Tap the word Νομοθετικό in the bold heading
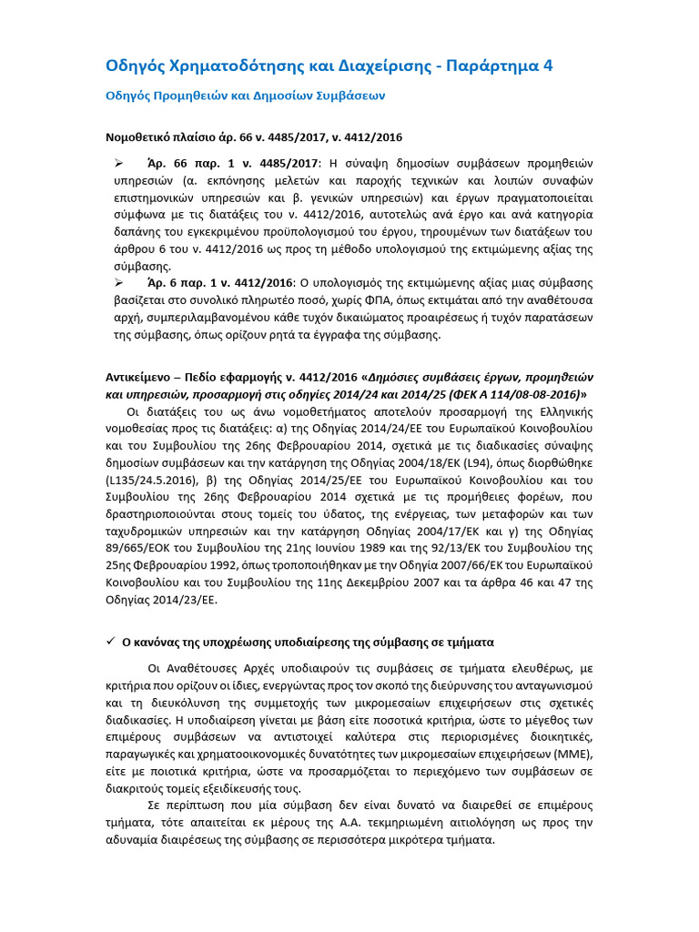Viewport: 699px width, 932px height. [x=144, y=137]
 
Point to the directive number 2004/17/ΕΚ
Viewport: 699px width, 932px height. [x=446, y=532]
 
